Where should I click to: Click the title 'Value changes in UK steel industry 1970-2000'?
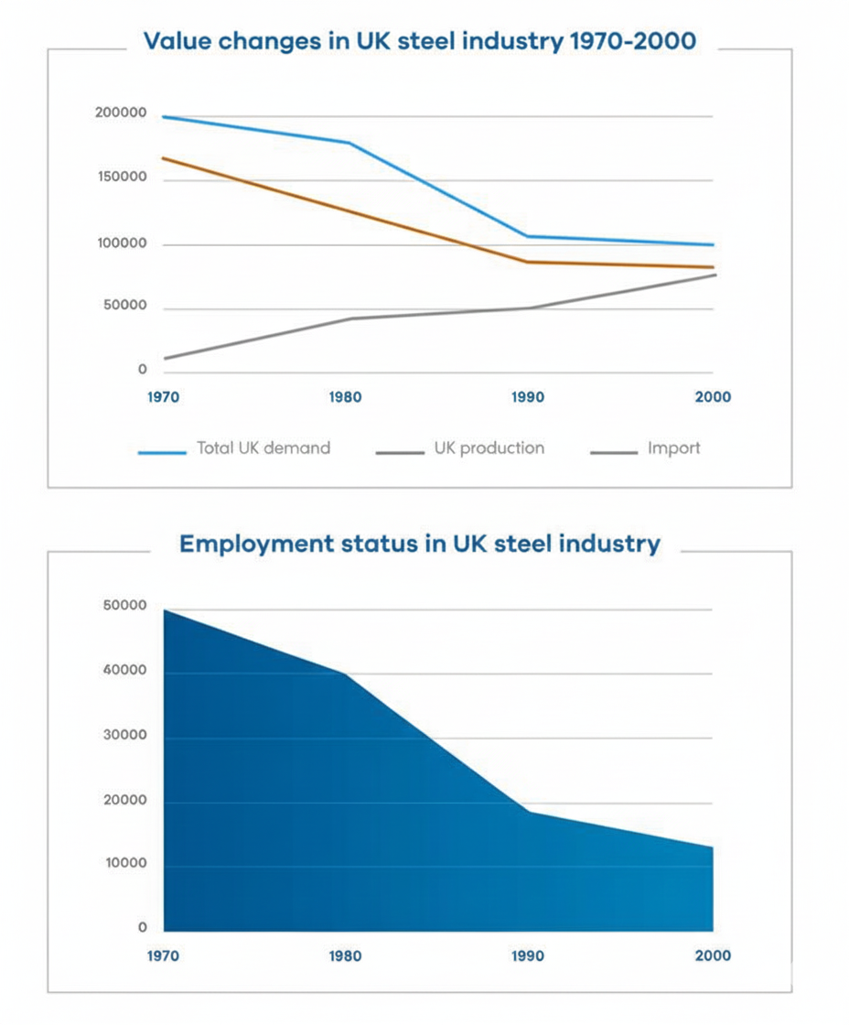pos(419,41)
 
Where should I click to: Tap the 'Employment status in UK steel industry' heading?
pos(419,544)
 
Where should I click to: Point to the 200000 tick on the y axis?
pos(120,114)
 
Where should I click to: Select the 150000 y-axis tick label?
pos(120,178)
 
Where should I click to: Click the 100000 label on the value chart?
pos(120,244)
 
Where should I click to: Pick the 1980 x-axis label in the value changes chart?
pos(346,398)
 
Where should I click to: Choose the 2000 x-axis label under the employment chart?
pos(714,955)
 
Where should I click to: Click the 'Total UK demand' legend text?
pos(263,448)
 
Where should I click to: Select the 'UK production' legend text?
pos(489,448)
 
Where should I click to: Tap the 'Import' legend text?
pos(673,448)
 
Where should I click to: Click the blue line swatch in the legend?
pos(162,451)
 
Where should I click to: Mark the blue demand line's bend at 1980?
pos(348,143)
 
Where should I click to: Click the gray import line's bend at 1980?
pos(348,318)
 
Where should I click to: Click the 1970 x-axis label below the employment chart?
pos(163,955)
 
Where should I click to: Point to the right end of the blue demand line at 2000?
pos(713,244)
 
